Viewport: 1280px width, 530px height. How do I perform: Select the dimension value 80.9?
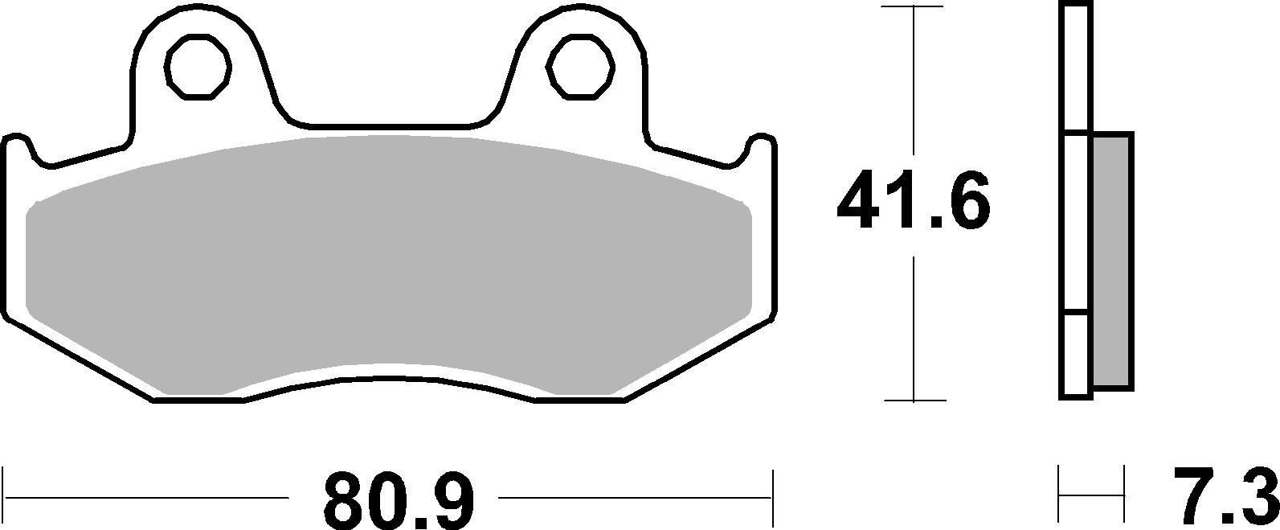coord(399,499)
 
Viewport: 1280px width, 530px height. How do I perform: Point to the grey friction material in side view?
coord(1112,261)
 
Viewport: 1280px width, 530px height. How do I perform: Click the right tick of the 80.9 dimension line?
coord(772,496)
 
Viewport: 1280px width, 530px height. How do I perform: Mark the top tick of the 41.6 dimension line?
coord(914,6)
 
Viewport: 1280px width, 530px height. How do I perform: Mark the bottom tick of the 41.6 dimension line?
coord(914,400)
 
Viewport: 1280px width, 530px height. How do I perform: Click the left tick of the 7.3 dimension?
coord(1060,495)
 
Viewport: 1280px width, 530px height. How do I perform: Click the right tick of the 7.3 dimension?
coord(1122,495)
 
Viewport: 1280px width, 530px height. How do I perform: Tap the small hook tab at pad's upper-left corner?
coord(18,145)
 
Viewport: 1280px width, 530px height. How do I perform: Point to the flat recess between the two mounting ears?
coord(389,125)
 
